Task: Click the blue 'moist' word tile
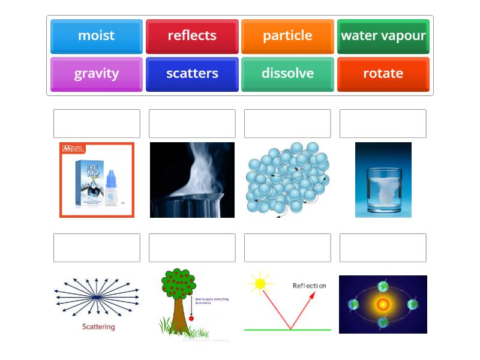click(x=96, y=36)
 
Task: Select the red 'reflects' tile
click(x=192, y=36)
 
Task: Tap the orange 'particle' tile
click(x=287, y=36)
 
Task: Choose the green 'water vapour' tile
click(x=383, y=36)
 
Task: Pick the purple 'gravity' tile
click(x=96, y=74)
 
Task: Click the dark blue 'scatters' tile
click(x=192, y=74)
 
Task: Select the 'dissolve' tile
click(x=287, y=74)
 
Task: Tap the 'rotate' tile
click(x=383, y=74)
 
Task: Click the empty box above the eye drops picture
click(x=97, y=124)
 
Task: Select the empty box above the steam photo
click(x=192, y=124)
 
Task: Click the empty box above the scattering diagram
click(x=97, y=248)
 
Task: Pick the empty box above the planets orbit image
click(x=383, y=248)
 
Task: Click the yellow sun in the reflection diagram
click(x=260, y=283)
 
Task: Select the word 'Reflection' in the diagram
click(x=309, y=286)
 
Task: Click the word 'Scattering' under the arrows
click(x=98, y=327)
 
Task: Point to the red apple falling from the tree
click(x=191, y=318)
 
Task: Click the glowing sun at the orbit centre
click(x=383, y=305)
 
